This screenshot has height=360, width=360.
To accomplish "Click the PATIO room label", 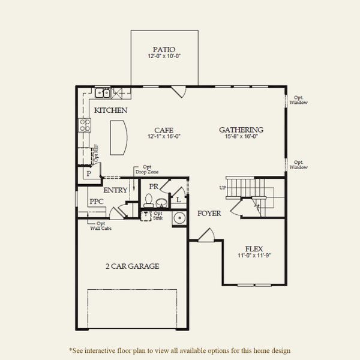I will (x=164, y=49).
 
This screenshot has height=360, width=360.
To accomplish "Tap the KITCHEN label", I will (x=110, y=110).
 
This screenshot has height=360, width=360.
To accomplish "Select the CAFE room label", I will (x=164, y=130).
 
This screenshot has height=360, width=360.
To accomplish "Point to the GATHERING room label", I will (x=241, y=130).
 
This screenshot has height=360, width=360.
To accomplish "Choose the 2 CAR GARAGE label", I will (x=133, y=266).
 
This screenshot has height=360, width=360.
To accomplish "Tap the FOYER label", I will (x=209, y=213).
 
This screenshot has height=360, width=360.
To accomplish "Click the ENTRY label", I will (x=115, y=190).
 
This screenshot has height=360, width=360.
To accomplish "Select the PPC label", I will (x=97, y=202).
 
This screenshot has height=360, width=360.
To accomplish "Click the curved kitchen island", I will (x=118, y=137).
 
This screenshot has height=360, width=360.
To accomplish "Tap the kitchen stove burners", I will (x=85, y=125).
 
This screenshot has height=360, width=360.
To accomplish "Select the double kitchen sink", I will (x=103, y=93).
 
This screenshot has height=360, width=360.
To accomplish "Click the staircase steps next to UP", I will (x=241, y=185).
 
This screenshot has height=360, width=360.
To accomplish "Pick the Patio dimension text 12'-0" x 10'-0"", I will (x=164, y=56).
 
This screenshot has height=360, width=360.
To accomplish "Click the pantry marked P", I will (x=88, y=173).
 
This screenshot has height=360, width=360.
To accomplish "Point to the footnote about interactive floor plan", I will (x=180, y=350).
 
